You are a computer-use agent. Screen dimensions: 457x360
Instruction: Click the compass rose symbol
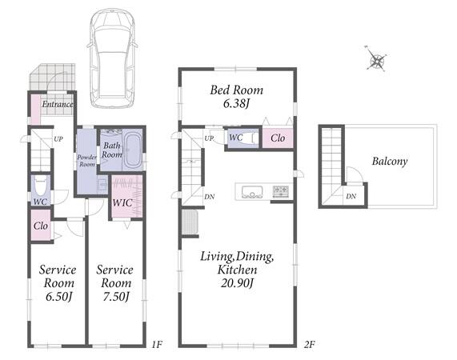[x=376, y=59]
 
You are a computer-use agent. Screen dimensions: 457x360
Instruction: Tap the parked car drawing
[x=113, y=58]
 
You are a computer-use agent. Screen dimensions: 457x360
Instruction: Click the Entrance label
[x=58, y=104]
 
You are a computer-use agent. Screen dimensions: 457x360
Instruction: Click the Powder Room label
[x=87, y=161]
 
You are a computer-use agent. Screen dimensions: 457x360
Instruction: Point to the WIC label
[x=122, y=202]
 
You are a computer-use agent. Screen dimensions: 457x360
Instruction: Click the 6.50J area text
[x=59, y=297]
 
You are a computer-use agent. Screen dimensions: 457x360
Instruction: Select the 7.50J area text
[x=116, y=297]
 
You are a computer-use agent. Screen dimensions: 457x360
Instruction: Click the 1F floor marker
[x=157, y=345]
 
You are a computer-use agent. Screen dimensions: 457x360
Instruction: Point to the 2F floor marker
[x=309, y=345]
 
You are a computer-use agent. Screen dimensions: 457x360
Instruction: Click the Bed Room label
[x=236, y=90]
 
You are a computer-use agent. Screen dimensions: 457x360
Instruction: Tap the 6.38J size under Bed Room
[x=236, y=103]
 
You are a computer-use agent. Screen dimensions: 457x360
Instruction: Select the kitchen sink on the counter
[x=252, y=192]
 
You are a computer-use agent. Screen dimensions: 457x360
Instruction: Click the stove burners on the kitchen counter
[x=280, y=191]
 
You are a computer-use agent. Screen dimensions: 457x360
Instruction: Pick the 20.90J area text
[x=237, y=283]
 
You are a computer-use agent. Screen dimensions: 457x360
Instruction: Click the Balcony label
[x=390, y=161]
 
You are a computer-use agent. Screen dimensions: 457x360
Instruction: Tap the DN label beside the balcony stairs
[x=351, y=196]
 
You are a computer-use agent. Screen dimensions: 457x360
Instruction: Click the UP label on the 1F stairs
[x=58, y=139]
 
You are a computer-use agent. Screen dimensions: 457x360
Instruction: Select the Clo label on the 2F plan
[x=278, y=138]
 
